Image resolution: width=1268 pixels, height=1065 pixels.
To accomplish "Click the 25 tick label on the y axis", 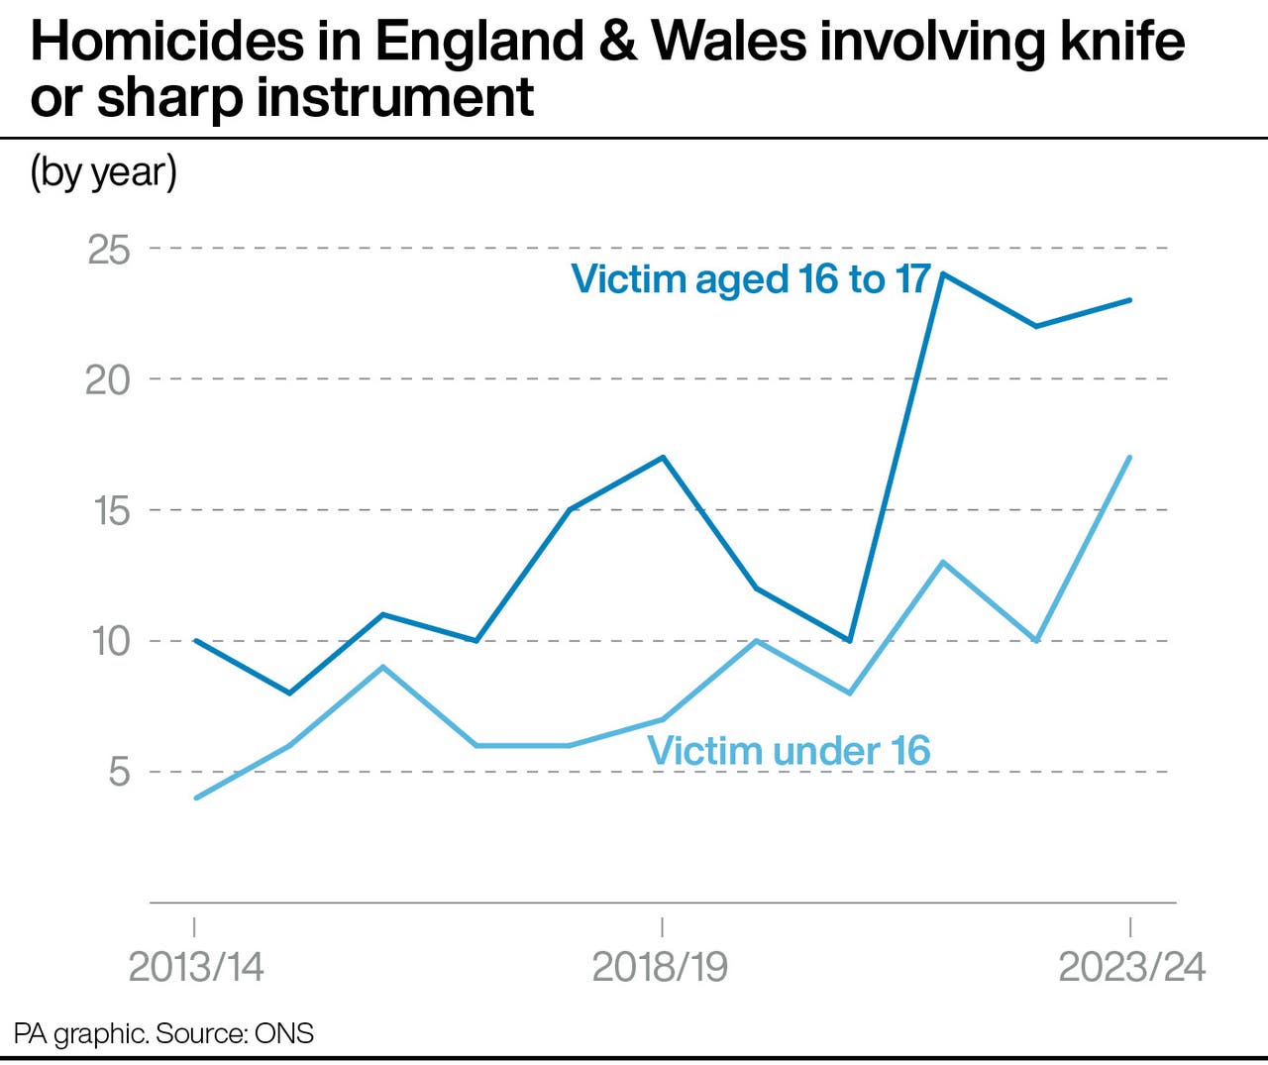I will click(x=109, y=250).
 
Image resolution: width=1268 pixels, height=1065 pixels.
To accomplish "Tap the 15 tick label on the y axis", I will click(x=111, y=511).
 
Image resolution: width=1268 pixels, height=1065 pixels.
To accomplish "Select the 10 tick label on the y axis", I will click(x=111, y=642).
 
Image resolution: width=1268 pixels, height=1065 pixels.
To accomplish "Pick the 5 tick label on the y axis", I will click(x=119, y=772).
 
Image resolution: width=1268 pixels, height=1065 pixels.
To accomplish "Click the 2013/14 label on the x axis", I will click(x=196, y=967).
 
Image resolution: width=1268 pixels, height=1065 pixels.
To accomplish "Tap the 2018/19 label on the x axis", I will click(x=660, y=967).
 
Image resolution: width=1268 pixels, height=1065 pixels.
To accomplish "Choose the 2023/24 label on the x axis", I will click(x=1131, y=967).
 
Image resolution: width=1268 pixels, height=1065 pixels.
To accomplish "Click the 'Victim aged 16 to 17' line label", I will click(x=751, y=279).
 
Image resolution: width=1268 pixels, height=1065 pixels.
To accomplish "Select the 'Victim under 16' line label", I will click(x=789, y=751).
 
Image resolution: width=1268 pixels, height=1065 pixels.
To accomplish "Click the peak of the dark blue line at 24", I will click(x=943, y=274).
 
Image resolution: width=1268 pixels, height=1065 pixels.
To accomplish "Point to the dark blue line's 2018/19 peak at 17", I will click(x=662, y=458).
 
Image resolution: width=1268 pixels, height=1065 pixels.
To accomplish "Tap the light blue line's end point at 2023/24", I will click(x=1130, y=458).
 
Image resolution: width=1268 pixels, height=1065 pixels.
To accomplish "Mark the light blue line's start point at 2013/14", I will click(x=196, y=798).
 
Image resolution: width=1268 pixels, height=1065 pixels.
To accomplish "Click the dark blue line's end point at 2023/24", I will click(x=1130, y=300).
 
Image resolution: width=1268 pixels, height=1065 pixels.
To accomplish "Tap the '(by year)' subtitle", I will click(x=104, y=172).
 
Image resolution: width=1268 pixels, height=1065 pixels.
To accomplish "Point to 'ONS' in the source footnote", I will click(x=284, y=1034).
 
